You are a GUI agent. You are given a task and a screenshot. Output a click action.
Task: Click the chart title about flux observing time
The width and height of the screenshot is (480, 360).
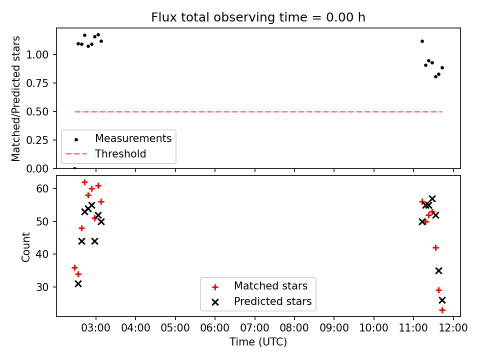[258, 17]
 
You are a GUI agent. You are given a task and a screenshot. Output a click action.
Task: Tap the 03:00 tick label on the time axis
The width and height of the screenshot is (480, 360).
[96, 328]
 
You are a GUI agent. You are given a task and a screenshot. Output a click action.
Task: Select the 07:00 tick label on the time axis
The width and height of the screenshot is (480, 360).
[254, 328]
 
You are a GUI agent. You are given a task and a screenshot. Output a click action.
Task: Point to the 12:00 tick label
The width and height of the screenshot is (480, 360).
[453, 328]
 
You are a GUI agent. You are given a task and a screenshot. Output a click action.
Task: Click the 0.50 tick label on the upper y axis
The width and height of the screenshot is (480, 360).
[37, 111]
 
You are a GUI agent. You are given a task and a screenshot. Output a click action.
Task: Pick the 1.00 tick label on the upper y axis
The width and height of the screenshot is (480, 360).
[37, 55]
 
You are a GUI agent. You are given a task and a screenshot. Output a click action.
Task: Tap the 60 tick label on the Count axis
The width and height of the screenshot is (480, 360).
[42, 188]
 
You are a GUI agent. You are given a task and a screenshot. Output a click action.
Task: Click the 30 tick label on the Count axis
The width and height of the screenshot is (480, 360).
[42, 287]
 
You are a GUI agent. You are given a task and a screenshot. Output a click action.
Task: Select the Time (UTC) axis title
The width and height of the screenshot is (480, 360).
[258, 341]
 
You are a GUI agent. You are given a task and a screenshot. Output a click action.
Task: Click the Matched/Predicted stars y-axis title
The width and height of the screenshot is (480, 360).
[15, 98]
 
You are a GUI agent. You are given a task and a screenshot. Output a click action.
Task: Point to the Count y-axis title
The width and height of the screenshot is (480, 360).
[25, 246]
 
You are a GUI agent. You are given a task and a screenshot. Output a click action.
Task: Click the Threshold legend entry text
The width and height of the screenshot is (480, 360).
[120, 153]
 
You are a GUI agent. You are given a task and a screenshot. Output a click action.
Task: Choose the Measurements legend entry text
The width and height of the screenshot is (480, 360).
[133, 138]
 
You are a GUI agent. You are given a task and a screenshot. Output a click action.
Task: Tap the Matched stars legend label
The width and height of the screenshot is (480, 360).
[270, 286]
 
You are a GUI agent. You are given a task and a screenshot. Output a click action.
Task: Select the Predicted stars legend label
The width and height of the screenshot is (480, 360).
[273, 301]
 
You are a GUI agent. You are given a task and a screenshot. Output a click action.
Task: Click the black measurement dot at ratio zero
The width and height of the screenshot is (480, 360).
[74, 168]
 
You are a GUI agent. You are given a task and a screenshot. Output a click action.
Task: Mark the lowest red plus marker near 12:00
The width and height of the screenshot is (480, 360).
[442, 310]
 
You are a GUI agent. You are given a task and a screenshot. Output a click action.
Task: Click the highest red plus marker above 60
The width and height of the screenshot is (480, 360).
[85, 182]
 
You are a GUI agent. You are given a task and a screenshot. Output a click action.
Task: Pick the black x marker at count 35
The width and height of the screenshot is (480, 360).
[438, 270]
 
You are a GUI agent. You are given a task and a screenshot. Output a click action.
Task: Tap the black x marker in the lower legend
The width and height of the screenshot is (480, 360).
[215, 302]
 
